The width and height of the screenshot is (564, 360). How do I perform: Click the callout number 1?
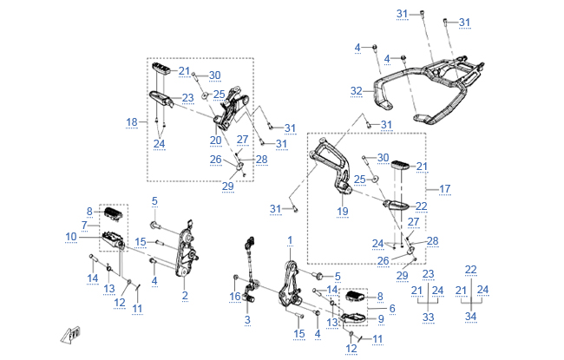[291, 239]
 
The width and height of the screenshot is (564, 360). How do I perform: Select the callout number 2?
[185, 296]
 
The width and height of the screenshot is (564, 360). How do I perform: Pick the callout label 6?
[392, 308]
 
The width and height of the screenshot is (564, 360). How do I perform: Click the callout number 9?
[380, 319]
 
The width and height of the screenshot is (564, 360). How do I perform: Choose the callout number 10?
[71, 236]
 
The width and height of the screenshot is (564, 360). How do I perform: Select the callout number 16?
[234, 297]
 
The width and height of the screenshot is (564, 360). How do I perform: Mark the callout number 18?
[132, 122]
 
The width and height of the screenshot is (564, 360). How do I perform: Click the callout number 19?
[342, 211]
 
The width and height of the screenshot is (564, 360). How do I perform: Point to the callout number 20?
[215, 140]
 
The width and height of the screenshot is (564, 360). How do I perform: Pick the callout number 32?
[356, 90]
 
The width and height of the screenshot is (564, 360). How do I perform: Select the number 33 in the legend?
[428, 318]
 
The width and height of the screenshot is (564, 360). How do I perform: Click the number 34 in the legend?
[471, 318]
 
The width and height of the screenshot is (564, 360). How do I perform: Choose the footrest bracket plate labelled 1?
[289, 282]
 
